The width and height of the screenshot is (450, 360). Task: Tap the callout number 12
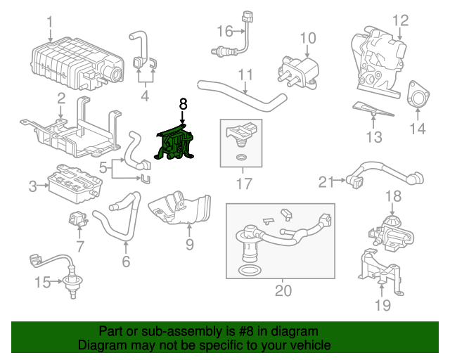point(400,20)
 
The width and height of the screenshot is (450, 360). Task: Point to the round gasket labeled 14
point(418,96)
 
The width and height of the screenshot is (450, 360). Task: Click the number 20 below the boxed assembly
point(283,290)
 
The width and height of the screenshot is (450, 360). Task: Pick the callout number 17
point(243,185)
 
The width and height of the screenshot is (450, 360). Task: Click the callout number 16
point(224,31)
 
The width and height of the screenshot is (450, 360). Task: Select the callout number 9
point(189,244)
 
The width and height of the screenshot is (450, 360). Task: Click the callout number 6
point(126,262)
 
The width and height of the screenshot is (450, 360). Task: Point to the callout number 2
point(61,99)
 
